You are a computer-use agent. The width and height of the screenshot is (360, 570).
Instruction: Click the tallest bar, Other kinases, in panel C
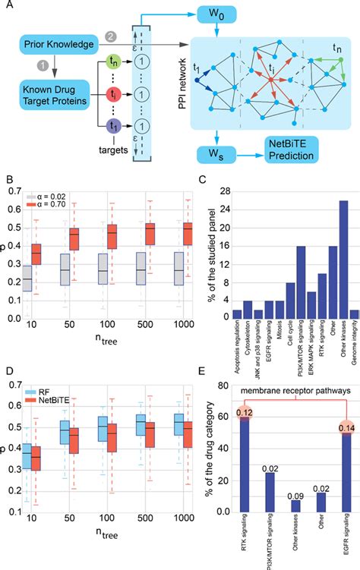322,265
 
